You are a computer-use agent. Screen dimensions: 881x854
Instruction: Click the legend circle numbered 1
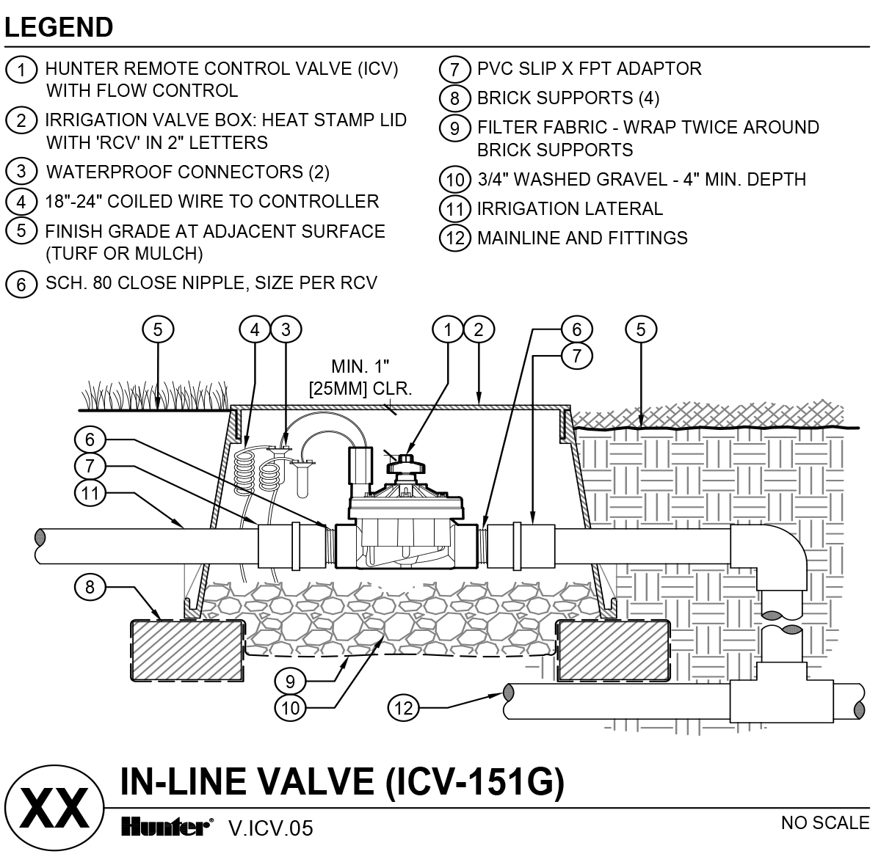click(21, 70)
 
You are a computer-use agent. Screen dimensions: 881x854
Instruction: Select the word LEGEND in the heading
click(59, 27)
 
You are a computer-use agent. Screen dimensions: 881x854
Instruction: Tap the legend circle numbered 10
click(455, 180)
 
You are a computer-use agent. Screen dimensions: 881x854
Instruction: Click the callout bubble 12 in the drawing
click(403, 708)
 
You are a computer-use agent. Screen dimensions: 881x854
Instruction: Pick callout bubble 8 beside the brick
click(90, 587)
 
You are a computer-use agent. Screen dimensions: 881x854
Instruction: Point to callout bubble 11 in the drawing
click(90, 493)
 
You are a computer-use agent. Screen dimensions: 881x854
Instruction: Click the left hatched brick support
click(187, 651)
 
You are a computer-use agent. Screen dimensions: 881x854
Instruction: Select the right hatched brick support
click(613, 651)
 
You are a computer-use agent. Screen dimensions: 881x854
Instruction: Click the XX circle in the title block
click(54, 808)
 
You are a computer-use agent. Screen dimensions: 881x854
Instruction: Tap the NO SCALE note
click(825, 822)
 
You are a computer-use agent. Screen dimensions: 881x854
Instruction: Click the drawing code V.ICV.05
click(271, 828)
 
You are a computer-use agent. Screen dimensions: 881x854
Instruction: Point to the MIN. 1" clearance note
click(360, 377)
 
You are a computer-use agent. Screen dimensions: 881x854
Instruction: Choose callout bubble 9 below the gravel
click(290, 682)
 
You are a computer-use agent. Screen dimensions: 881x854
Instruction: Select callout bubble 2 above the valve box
click(479, 329)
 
